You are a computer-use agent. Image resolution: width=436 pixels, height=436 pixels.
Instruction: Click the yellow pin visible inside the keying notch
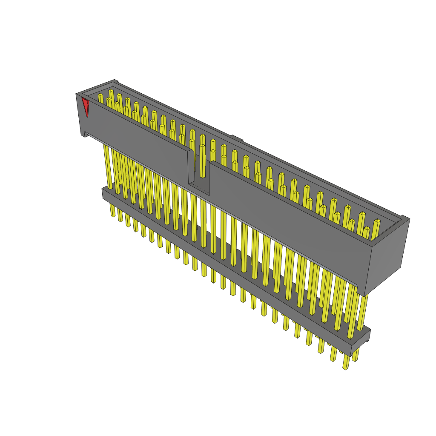pyautogui.click(x=202, y=162)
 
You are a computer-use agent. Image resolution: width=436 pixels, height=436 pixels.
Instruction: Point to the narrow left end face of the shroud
pyautogui.click(x=80, y=115)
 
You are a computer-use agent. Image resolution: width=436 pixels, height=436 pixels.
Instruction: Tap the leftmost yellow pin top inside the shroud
pyautogui.click(x=100, y=98)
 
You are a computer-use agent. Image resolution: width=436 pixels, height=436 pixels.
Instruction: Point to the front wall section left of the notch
pyautogui.click(x=136, y=136)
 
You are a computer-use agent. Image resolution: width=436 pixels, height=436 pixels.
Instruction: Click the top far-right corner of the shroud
pyautogui.click(x=409, y=220)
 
